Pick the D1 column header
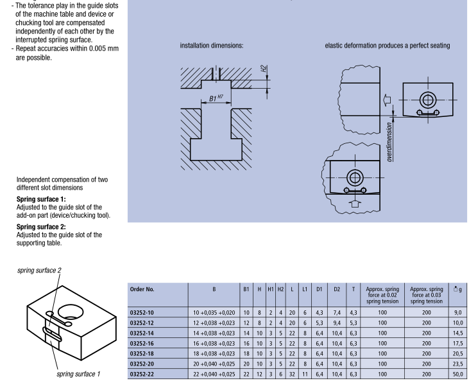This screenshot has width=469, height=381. click(x=318, y=289)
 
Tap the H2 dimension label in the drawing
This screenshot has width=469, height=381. click(x=264, y=68)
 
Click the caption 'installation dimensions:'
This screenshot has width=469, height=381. click(x=211, y=46)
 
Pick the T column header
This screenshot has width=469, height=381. click(x=353, y=289)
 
